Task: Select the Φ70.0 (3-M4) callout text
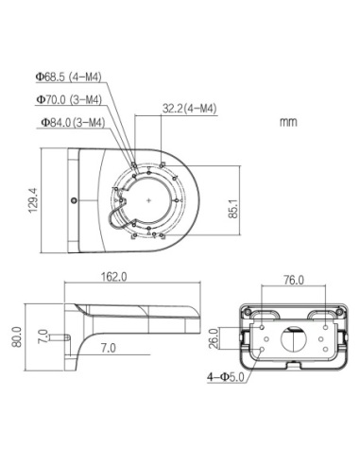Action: [69, 98]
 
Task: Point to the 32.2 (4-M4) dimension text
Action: [189, 110]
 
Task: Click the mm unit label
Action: [289, 122]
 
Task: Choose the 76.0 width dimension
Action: [293, 280]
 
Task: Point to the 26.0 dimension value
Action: [214, 336]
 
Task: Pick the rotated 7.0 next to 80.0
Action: [43, 336]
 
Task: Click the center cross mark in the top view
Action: [149, 200]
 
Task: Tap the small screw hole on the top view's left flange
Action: [75, 199]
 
